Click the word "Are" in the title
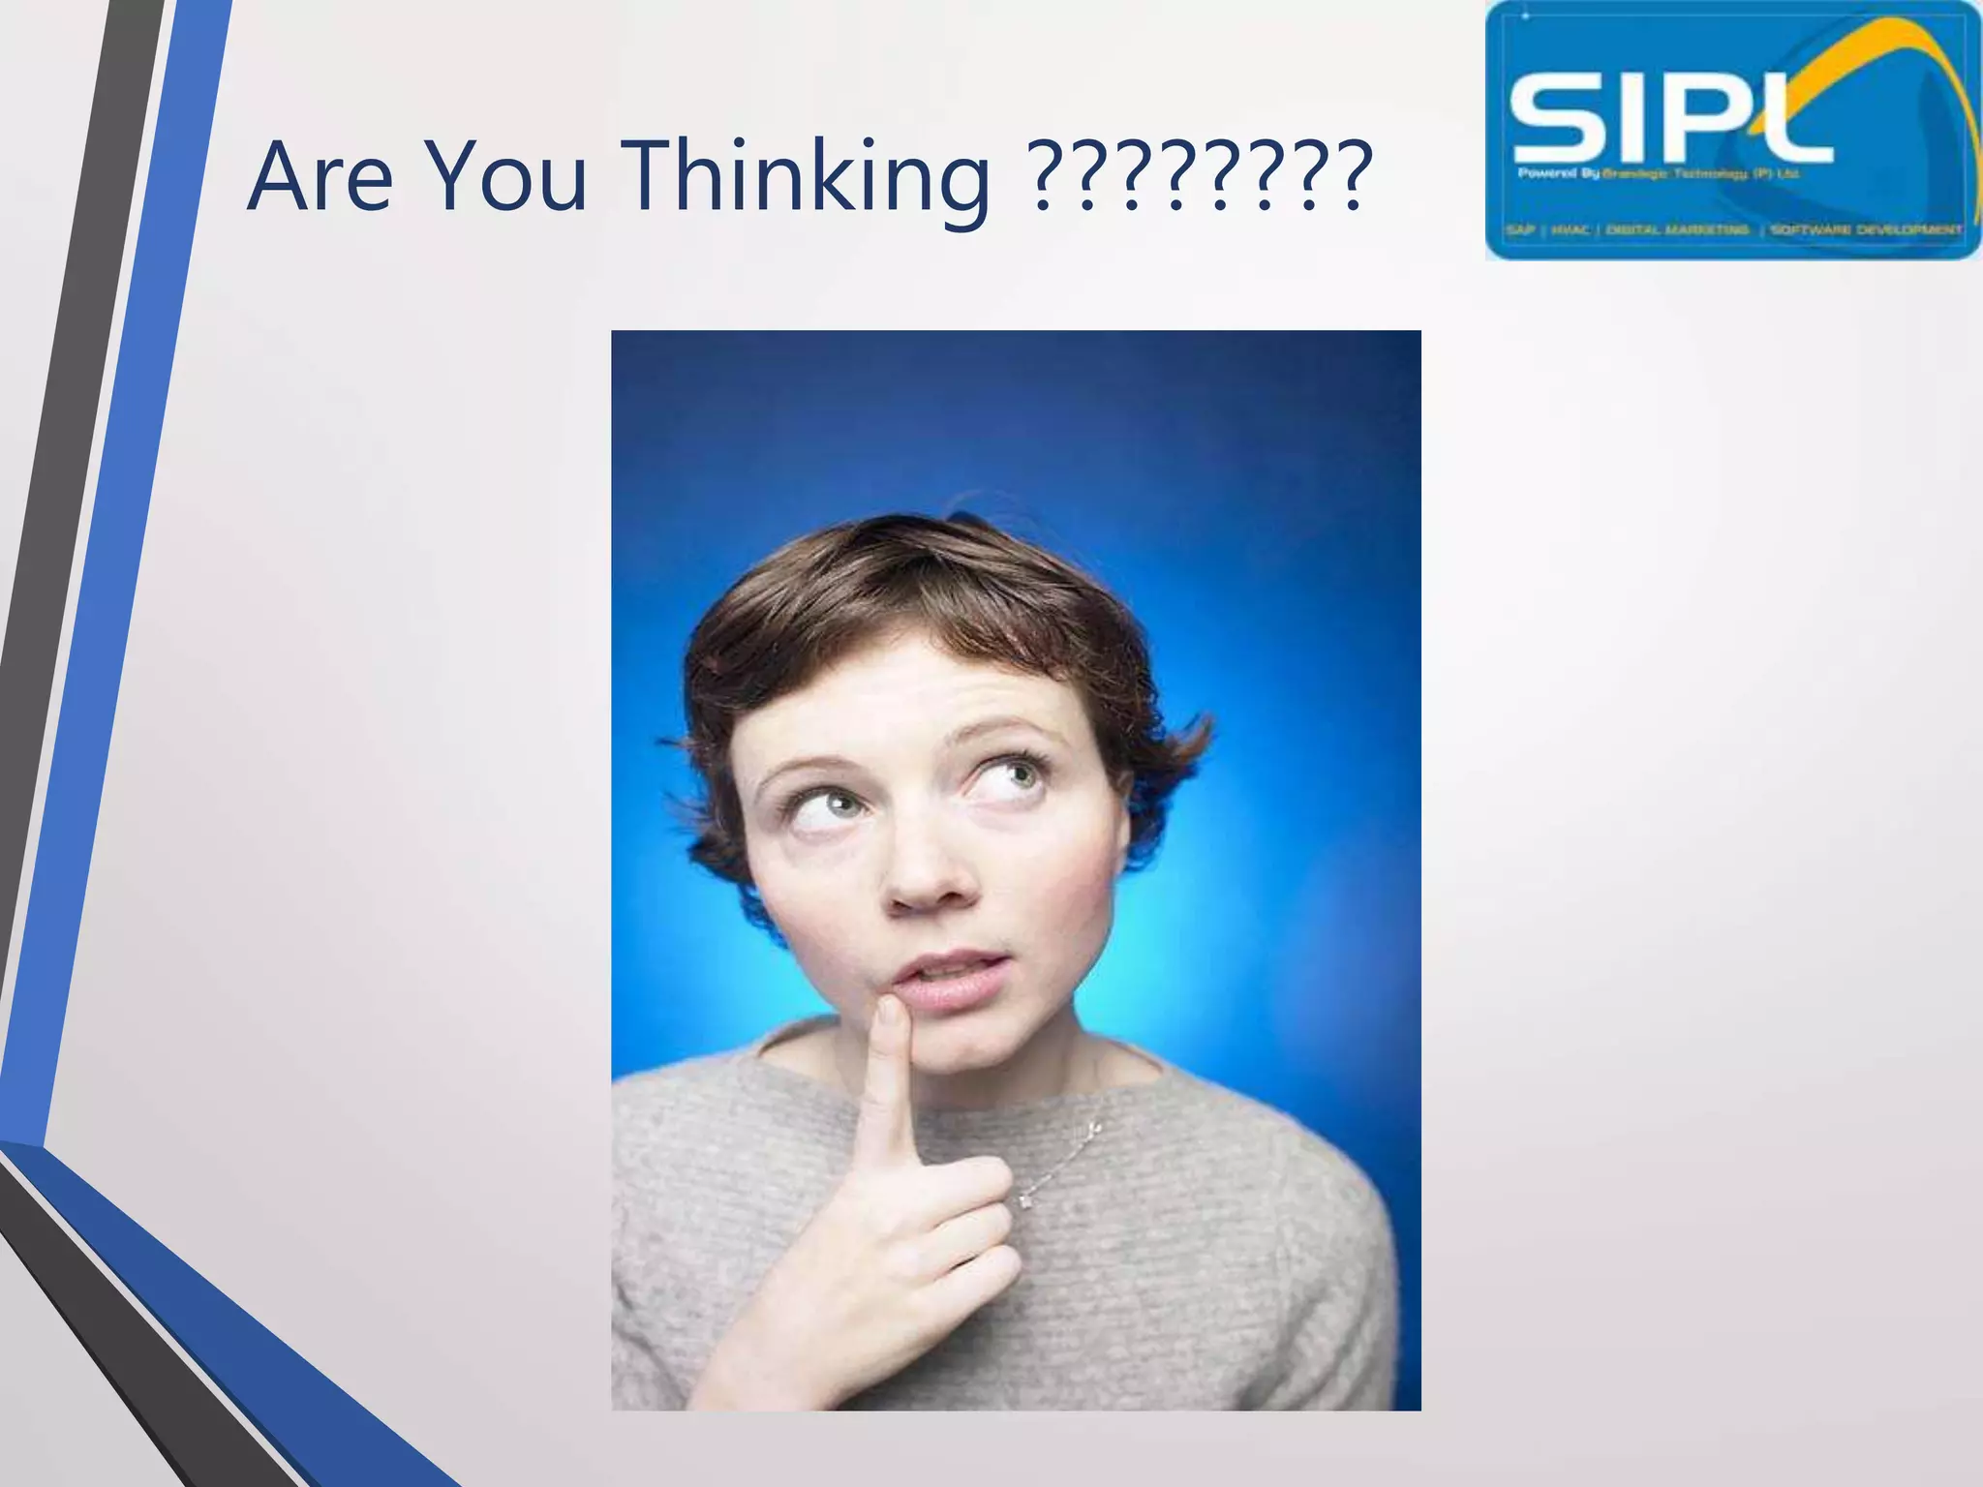pos(320,178)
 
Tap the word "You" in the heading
pos(505,178)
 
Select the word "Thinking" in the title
pos(808,180)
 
